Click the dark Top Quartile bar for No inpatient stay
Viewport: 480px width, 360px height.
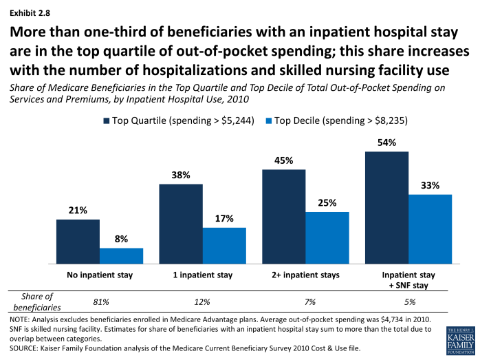[x=78, y=242]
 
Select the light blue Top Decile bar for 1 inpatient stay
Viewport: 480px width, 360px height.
[x=224, y=246]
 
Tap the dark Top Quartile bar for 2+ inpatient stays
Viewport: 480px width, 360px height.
[x=284, y=216]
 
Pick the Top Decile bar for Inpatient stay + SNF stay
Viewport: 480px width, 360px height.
[x=430, y=229]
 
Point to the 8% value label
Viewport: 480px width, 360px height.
[x=121, y=238]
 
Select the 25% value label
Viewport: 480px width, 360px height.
[x=327, y=202]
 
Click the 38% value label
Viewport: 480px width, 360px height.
[x=181, y=174]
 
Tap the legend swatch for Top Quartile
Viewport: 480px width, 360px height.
[x=107, y=121]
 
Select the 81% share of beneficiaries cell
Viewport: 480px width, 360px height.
[x=100, y=301]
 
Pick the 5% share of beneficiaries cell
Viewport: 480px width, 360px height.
[x=408, y=301]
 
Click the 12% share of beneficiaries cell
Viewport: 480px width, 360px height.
[x=202, y=301]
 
